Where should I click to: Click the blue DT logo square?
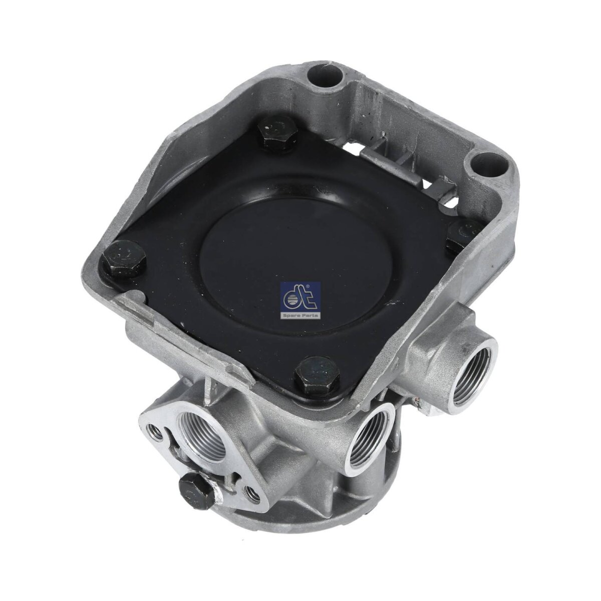(300, 300)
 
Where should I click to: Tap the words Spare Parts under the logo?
(300, 316)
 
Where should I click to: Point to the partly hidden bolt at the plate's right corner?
(464, 234)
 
